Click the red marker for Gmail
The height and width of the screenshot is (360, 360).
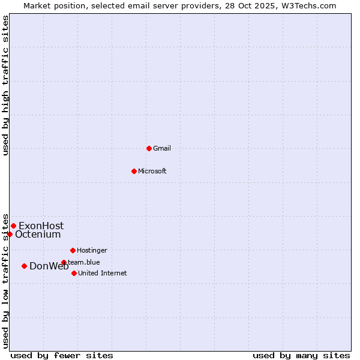149,148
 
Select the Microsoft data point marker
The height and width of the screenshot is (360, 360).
134,171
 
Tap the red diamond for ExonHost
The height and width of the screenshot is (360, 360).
13,226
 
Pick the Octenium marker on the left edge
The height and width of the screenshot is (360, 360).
10,234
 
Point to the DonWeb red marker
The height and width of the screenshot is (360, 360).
24,266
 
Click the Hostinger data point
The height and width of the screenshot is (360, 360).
73,250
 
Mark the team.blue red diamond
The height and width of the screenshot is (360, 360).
64,262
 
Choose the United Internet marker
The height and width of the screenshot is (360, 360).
74,273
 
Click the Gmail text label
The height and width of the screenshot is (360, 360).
162,148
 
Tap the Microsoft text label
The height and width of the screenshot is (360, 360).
152,171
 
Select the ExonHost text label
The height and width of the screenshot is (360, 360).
41,226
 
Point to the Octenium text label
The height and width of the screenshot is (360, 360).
38,235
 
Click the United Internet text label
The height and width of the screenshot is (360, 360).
103,273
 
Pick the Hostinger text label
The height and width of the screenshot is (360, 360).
92,250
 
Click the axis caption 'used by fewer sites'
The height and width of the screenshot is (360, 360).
62,355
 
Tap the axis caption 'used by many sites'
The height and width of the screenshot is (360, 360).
301,355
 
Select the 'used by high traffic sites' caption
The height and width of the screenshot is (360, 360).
5,85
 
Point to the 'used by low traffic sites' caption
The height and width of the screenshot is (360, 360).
5,280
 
